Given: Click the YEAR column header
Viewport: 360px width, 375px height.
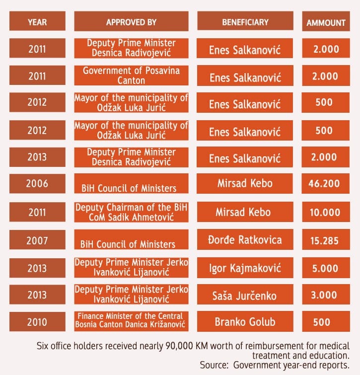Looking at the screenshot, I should coord(37,22).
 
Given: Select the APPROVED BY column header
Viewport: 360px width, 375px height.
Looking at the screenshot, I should coord(131,22).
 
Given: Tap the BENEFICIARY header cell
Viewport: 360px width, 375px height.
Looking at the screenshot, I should coord(245,22).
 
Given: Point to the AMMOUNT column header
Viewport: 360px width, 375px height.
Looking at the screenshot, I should coord(326,22).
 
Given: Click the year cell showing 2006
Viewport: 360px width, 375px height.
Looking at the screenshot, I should coord(37,183).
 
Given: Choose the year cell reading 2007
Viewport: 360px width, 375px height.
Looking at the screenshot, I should coord(37,240).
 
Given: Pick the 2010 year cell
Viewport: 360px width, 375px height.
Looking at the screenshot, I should coord(37,321).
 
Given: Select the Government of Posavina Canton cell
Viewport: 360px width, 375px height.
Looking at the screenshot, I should coord(131,75).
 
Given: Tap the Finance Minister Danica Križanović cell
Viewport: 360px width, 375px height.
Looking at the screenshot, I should coord(131,321).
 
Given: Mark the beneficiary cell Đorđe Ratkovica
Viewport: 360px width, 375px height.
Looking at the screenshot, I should coord(245,240).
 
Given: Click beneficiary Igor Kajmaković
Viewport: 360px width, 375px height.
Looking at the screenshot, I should coord(245,268).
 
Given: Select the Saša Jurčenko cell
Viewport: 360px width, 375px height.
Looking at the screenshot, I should coord(245,295).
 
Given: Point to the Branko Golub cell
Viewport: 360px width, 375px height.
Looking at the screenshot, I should coord(245,321).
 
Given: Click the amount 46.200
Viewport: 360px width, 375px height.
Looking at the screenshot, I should coord(326,184).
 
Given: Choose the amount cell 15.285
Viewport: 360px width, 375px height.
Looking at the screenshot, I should coord(326,241).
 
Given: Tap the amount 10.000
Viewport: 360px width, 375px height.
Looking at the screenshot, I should coord(326,212).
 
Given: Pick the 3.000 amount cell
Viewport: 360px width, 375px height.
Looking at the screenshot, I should coord(326,295).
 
